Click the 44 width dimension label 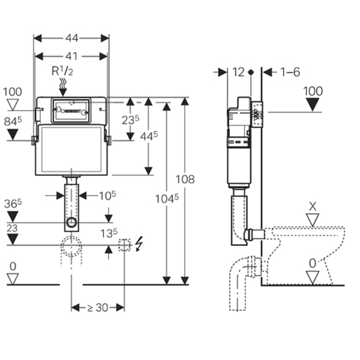point(71,38)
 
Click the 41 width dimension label point(71,56)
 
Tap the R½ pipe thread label point(62,71)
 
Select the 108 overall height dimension point(185,179)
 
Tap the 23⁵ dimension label point(130,120)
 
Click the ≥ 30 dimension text point(98,307)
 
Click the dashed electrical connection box point(124,245)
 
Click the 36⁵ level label point(13,204)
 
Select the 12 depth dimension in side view point(238,72)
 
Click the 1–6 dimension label point(290,72)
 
